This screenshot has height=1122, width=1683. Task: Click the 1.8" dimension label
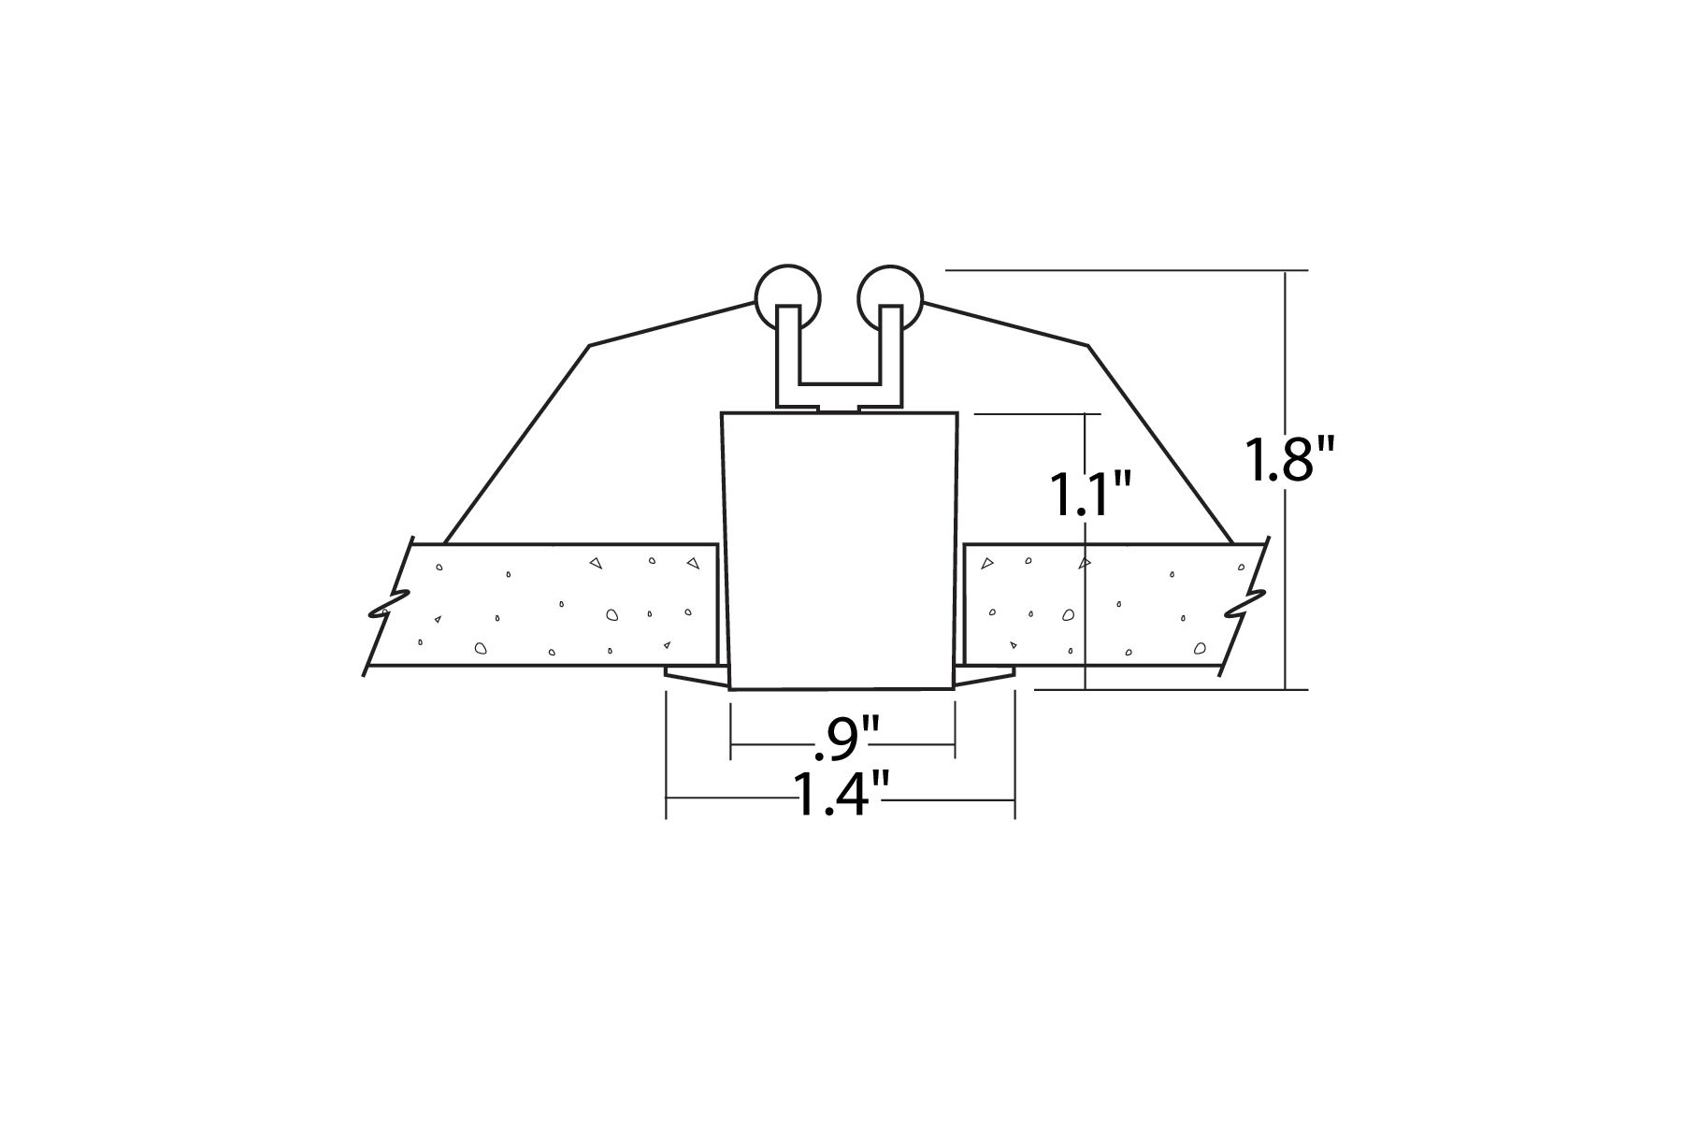click(1289, 460)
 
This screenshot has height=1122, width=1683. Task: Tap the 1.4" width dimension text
click(840, 795)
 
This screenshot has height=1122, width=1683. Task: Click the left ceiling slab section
click(542, 605)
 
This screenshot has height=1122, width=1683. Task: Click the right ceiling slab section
click(1113, 605)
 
